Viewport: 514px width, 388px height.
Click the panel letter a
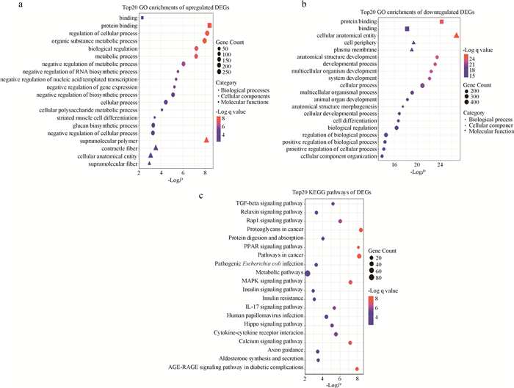pos(7,6)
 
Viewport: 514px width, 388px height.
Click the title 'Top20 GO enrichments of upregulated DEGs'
pos(153,7)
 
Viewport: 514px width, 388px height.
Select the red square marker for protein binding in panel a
pos(210,26)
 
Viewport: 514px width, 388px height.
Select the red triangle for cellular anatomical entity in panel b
pos(456,35)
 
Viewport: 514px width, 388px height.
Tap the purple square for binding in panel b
pos(407,29)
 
